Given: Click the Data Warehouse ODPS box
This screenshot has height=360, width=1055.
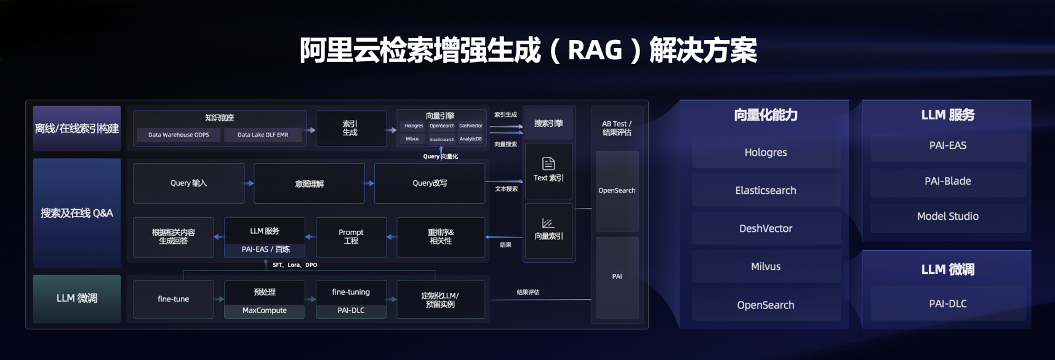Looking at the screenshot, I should click(179, 135).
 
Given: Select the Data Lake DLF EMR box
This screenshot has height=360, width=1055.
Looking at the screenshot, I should click(263, 135).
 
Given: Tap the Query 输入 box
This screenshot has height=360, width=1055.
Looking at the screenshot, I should click(188, 183).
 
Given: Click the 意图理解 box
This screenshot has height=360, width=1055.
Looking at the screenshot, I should click(309, 183).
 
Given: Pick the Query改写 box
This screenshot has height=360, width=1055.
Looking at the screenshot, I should click(430, 183).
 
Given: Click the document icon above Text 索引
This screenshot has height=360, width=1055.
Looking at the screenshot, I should click(548, 163).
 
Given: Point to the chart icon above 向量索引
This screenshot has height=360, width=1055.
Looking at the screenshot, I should click(548, 222).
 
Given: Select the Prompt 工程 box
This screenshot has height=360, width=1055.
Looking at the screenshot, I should click(351, 237).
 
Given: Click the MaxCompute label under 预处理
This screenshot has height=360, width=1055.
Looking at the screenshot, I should click(265, 311).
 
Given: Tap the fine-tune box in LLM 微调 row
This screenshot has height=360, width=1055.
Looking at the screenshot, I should click(174, 299).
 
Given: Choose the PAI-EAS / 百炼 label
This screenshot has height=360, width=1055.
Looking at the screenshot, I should click(265, 249).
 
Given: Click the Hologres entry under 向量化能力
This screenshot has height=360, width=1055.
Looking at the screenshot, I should click(766, 153).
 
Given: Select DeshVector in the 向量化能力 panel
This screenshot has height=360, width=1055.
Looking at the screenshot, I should click(766, 228).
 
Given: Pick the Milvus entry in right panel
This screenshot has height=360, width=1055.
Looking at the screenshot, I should click(766, 266).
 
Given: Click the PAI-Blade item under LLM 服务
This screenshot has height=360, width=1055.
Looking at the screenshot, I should click(947, 181).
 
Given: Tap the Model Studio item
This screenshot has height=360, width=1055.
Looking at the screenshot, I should click(947, 216).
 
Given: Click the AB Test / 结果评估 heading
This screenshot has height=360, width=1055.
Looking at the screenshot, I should click(617, 128).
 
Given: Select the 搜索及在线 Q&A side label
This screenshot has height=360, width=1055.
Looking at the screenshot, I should click(77, 213).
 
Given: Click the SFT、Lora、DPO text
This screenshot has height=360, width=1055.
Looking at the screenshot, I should click(295, 265).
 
